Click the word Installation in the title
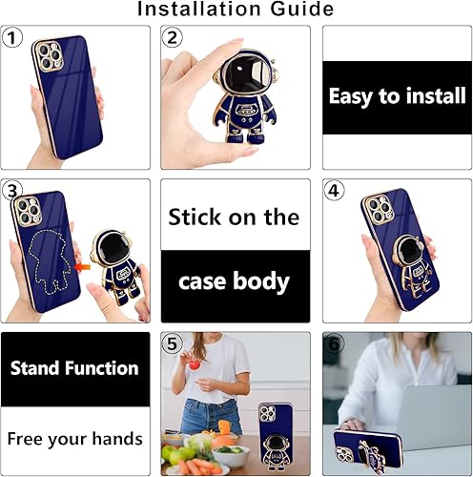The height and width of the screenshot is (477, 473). coord(199,10)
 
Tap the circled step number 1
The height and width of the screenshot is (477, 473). coord(12,39)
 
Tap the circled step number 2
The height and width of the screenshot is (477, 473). coord(173,39)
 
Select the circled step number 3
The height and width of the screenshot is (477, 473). coord(12,191)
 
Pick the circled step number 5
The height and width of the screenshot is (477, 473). coord(173,343)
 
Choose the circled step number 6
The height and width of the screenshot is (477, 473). coord(335,343)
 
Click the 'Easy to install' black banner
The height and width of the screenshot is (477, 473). coord(397,96)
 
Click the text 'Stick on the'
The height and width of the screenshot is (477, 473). coord(235,217)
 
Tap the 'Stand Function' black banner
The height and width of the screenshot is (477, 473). coord(75,368)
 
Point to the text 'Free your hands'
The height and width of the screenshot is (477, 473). coord(75,439)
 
